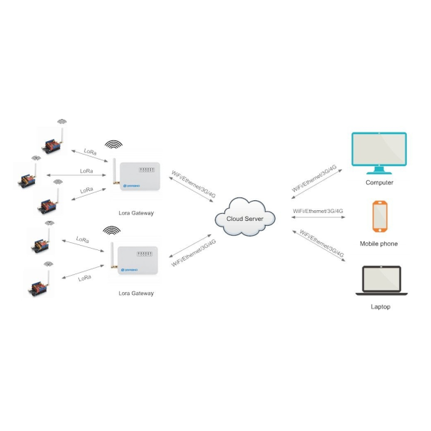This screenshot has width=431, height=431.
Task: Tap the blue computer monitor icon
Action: (x=380, y=152)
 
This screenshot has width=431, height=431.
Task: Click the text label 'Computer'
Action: (x=380, y=182)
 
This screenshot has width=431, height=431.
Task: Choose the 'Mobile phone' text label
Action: (x=379, y=244)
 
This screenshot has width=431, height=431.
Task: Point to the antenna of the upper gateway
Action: (x=113, y=171)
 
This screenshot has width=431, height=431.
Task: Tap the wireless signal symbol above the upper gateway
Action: (x=113, y=144)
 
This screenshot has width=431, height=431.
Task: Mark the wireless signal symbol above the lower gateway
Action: (x=112, y=230)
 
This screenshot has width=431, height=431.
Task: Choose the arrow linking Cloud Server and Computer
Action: (x=319, y=180)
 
